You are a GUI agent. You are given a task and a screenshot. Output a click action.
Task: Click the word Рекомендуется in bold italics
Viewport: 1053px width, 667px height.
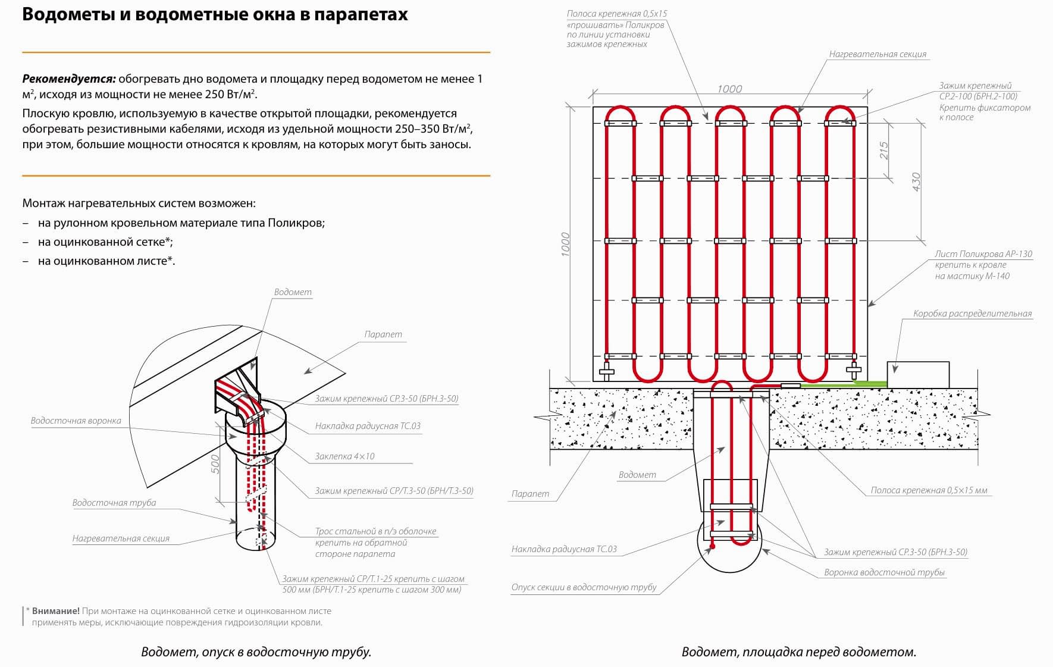point(69,79)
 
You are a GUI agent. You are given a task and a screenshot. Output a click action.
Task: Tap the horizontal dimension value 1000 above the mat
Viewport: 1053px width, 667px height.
point(729,89)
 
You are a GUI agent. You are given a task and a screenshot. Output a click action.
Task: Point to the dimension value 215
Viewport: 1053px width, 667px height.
point(884,151)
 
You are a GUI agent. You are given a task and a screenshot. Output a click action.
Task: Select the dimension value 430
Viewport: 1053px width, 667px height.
point(916,182)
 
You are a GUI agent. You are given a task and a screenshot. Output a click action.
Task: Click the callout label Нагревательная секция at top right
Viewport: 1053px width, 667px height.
point(878,54)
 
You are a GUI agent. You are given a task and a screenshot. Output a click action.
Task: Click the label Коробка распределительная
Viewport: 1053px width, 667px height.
point(973,314)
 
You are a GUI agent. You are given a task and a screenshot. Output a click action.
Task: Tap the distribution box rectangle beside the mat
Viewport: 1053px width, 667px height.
point(918,375)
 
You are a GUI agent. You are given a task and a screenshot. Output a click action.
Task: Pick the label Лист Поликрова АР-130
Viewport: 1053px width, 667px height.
point(983,254)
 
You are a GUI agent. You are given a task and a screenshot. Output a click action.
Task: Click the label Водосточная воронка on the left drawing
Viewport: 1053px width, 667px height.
point(76,421)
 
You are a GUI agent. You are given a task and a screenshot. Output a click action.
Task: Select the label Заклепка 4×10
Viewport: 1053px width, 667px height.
point(345,456)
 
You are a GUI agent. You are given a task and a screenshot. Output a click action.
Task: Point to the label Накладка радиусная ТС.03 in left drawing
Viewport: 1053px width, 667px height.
point(368,426)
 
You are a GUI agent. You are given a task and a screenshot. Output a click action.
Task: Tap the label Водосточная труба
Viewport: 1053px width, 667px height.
point(114,503)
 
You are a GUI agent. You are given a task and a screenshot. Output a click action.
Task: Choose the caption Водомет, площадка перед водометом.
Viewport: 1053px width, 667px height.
point(799,652)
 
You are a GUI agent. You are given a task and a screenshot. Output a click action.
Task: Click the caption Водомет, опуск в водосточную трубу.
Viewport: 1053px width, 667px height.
point(256,652)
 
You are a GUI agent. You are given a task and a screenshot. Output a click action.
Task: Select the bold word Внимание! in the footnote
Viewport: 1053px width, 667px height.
point(56,611)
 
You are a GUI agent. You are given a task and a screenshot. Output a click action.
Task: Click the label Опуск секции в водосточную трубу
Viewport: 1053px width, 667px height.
point(584,587)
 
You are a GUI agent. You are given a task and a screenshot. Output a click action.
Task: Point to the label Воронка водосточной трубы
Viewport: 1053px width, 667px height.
point(885,572)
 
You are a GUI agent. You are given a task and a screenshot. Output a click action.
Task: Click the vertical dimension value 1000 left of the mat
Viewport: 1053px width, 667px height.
point(566,244)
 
